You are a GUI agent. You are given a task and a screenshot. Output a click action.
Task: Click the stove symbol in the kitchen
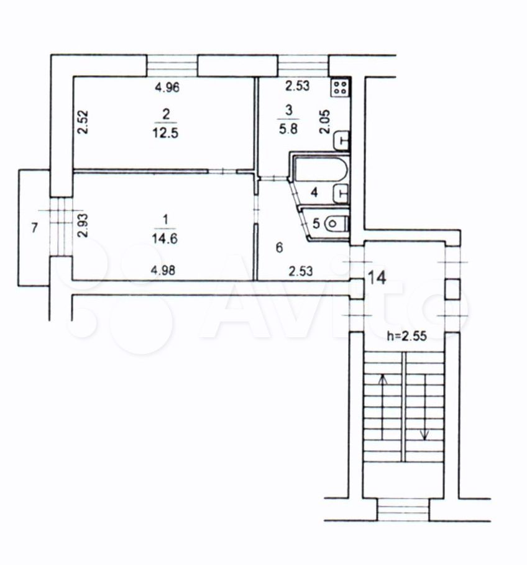340,87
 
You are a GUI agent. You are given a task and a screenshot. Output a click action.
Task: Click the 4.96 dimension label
167,88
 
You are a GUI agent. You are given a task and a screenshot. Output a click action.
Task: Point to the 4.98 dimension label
163,270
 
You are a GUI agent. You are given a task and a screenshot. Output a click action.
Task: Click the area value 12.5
165,133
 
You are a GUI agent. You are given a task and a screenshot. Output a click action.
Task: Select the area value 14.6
165,238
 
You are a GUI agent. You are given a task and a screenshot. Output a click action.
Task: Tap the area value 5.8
288,129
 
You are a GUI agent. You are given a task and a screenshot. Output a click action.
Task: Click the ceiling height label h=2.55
406,336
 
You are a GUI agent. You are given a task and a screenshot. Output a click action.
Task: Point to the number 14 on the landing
377,278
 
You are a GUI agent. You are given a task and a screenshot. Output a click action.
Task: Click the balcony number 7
34,228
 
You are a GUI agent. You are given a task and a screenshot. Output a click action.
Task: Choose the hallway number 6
279,248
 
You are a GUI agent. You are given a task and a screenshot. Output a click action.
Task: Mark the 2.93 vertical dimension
83,225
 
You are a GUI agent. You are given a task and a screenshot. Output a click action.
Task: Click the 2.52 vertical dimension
83,122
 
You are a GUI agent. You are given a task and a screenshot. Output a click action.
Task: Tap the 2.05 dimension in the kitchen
325,122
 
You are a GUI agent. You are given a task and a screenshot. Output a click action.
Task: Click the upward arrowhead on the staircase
383,379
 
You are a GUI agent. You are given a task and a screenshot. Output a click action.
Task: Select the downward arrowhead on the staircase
425,435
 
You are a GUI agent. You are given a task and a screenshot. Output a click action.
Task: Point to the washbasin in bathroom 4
341,194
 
